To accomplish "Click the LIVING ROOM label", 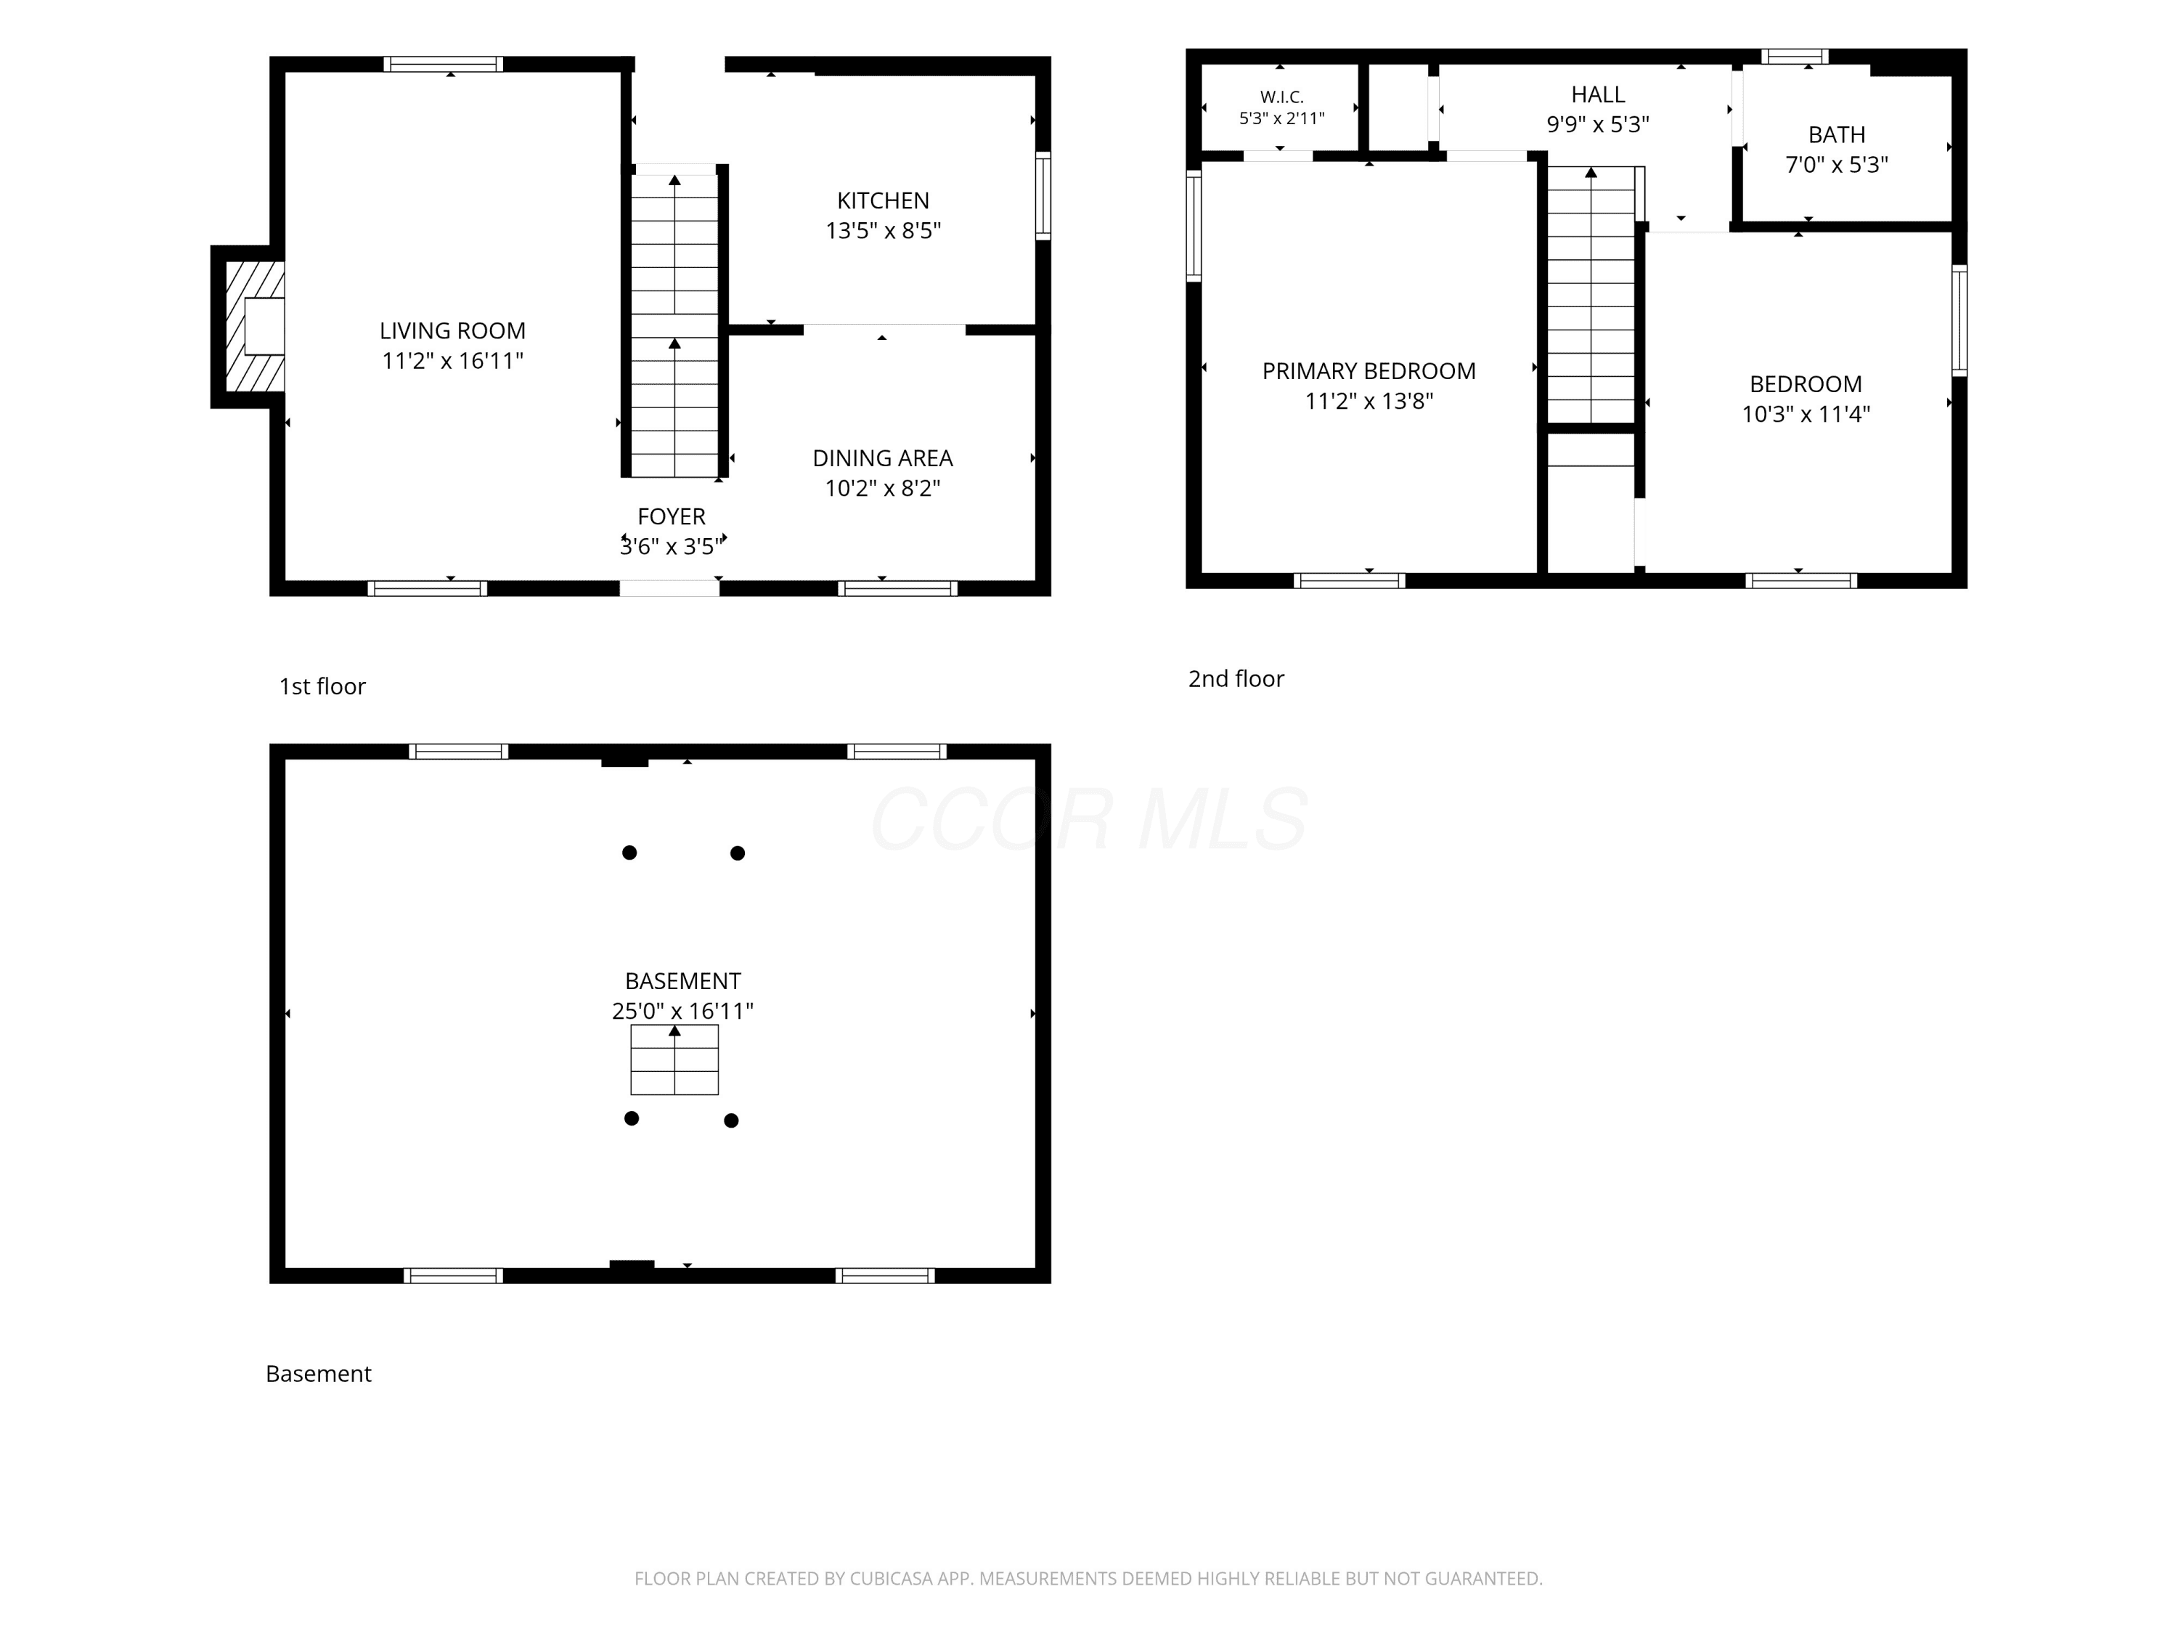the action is pyautogui.click(x=452, y=331).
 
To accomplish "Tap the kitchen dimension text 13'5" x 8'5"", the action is pyautogui.click(x=884, y=230).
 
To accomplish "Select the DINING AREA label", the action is pyautogui.click(x=882, y=458).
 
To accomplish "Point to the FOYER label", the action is pyautogui.click(x=672, y=516).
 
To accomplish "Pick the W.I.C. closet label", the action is pyautogui.click(x=1282, y=97).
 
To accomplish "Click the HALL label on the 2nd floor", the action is pyautogui.click(x=1598, y=94).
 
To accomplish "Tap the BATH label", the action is pyautogui.click(x=1836, y=135).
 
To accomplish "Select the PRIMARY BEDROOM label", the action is pyautogui.click(x=1369, y=371).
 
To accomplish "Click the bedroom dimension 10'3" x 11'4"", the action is pyautogui.click(x=1806, y=414).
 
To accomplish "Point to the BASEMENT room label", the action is pyautogui.click(x=682, y=981).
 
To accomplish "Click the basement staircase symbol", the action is pyautogui.click(x=674, y=1060).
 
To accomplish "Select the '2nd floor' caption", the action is pyautogui.click(x=1236, y=678).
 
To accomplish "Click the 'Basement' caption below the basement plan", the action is pyautogui.click(x=318, y=1374).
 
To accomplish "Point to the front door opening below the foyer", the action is pyautogui.click(x=669, y=588).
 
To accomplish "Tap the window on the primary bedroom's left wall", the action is pyautogui.click(x=1194, y=226).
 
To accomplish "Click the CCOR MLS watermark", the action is pyautogui.click(x=1089, y=819).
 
